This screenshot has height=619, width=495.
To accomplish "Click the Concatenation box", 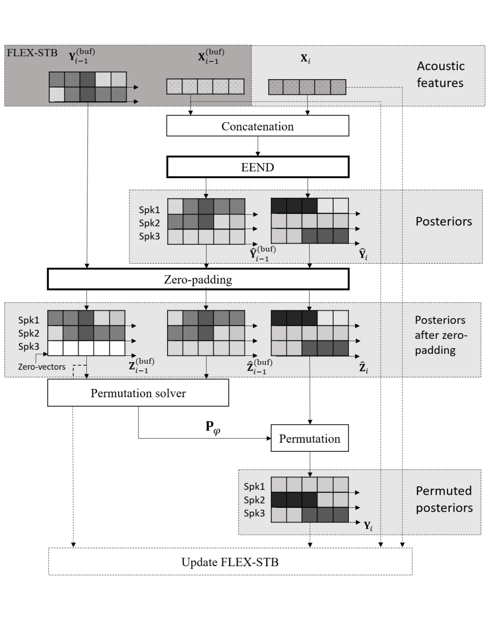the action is coord(258,126).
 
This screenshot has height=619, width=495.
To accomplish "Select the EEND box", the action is coord(258,167).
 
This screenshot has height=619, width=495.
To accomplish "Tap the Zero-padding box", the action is coord(198,279).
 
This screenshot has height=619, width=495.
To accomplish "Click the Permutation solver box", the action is coord(138,393).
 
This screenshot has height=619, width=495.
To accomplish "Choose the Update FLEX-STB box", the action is coord(230,561).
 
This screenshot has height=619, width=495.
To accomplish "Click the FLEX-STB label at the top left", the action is coord(32,53).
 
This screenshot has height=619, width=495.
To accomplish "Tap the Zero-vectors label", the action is coord(42,367).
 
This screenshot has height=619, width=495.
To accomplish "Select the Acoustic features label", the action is coord(441,74).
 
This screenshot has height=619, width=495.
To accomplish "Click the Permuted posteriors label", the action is coord(444,499).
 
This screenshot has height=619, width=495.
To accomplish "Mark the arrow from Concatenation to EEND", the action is coord(258,146).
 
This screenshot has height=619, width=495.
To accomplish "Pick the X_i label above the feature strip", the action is coord(306,59).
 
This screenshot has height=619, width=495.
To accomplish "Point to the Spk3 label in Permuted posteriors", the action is coord(255,513).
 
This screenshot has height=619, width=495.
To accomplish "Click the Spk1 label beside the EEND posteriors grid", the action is coord(149,210).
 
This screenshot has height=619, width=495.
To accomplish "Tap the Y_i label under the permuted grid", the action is coord(368,526).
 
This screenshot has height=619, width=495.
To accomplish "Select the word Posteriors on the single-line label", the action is coord(444,222).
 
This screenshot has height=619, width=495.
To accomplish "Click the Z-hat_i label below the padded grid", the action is coord(364,368).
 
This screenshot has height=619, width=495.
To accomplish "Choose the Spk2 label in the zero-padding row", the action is coord(29,333).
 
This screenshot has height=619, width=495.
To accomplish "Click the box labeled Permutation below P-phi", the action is coord(310,438).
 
